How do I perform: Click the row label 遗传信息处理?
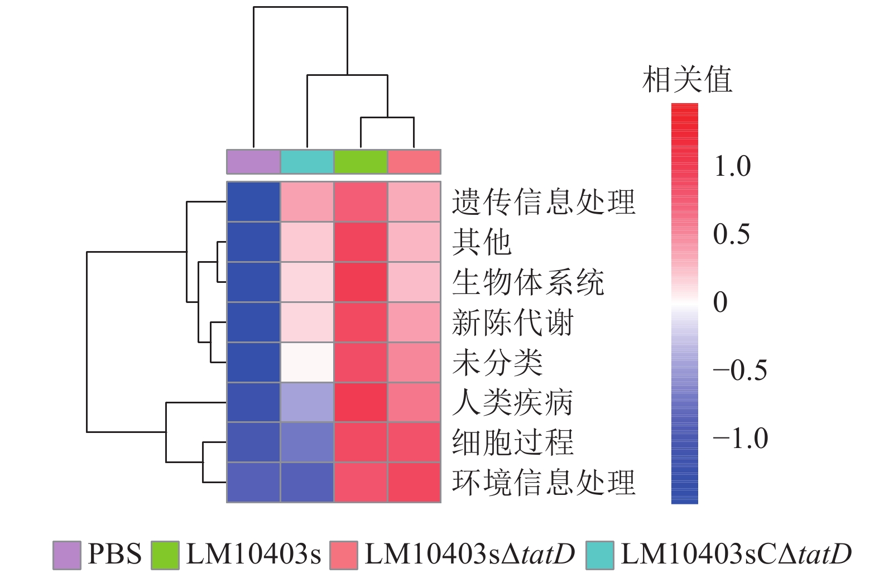543,202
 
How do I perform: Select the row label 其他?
482,242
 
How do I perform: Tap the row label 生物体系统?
528,282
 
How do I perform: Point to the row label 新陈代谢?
512,322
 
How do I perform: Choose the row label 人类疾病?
512,402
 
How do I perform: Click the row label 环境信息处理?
543,483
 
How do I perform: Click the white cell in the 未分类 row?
307,363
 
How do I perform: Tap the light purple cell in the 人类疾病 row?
307,402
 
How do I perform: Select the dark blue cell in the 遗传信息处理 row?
253,202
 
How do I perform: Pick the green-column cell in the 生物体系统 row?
361,282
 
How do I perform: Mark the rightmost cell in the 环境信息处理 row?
414,483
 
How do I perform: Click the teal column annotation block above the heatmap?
307,162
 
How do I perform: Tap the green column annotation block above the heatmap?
361,162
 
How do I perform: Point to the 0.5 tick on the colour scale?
731,234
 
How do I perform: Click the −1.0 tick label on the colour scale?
740,439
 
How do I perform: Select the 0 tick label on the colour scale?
721,302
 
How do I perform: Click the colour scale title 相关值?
686,80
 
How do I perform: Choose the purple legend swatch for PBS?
67,555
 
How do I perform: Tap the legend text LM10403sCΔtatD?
736,555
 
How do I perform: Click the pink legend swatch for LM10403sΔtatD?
343,555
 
